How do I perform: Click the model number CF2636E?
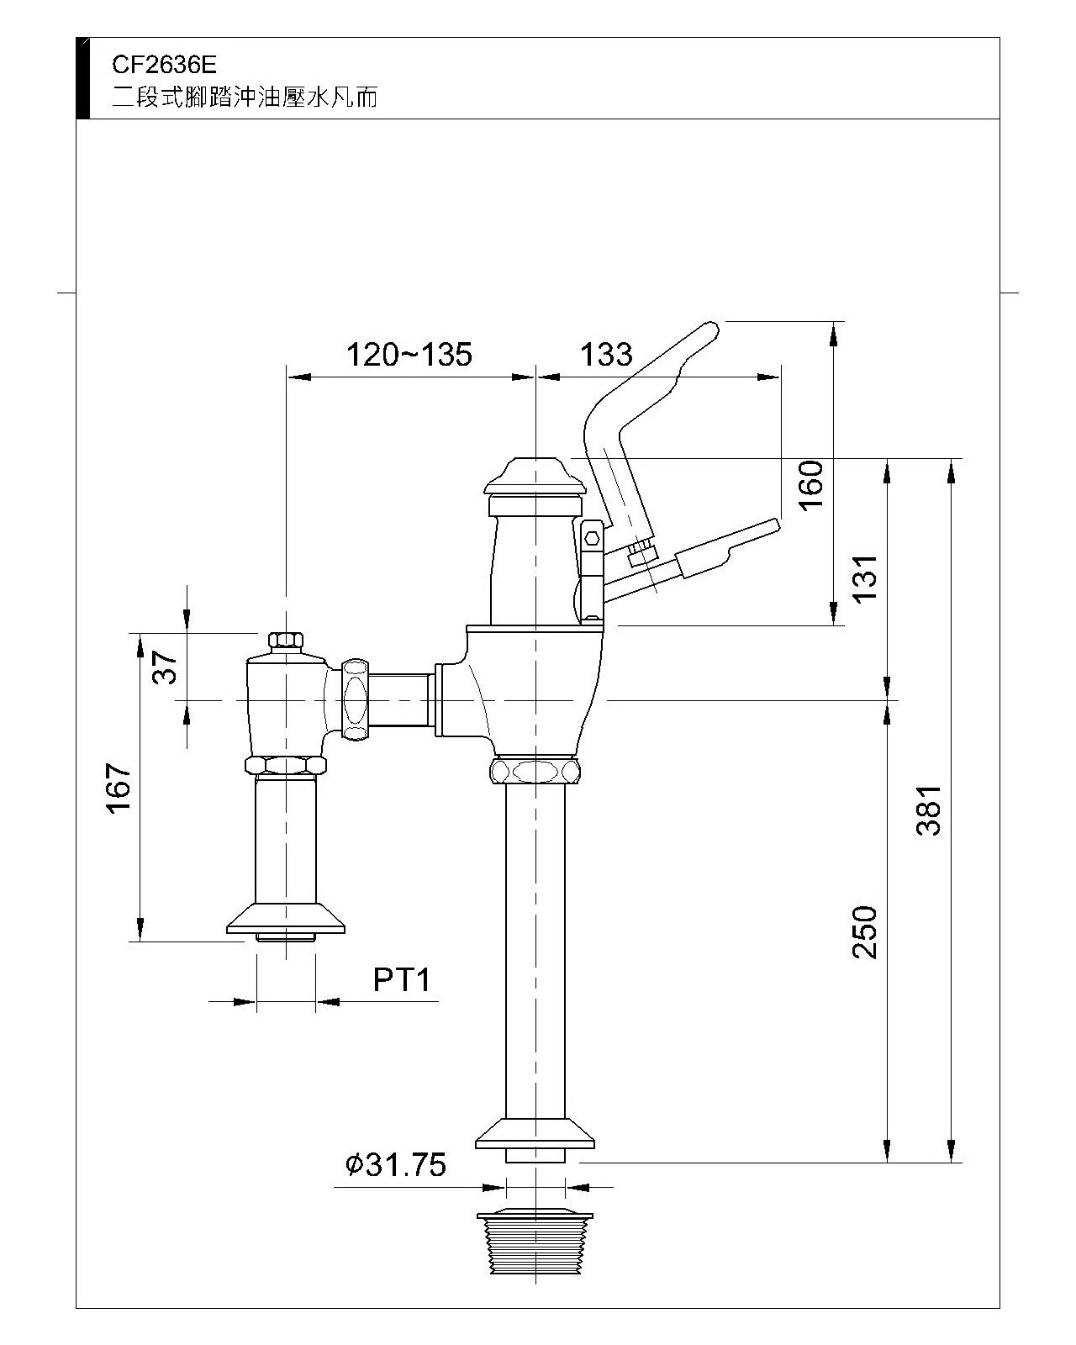coord(164,65)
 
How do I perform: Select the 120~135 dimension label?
coord(409,355)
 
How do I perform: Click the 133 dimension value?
coord(606,355)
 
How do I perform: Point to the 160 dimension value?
coord(811,486)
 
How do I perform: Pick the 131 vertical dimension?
coord(865,578)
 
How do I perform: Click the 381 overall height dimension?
coord(928,810)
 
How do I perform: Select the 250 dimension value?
coord(865,931)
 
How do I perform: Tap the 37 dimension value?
coord(166,667)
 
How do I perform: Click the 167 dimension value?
coord(119,788)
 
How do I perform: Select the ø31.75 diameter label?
coord(396,1164)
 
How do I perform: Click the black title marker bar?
coord(82,78)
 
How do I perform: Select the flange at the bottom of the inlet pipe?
coord(286,918)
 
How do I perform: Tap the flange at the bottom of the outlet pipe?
coord(535,1133)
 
